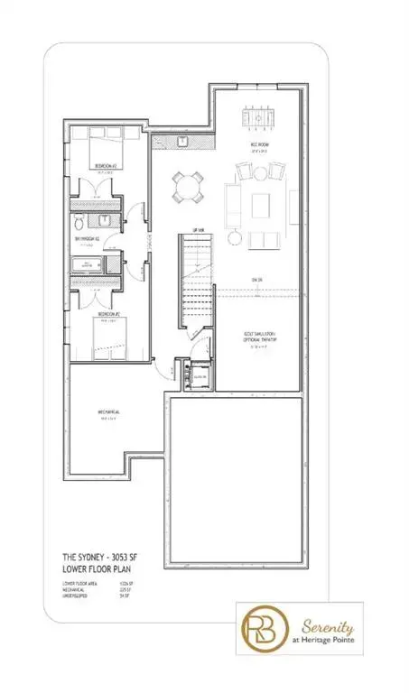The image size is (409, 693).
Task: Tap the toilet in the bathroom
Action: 79,222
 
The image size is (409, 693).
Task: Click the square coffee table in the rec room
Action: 261,200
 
